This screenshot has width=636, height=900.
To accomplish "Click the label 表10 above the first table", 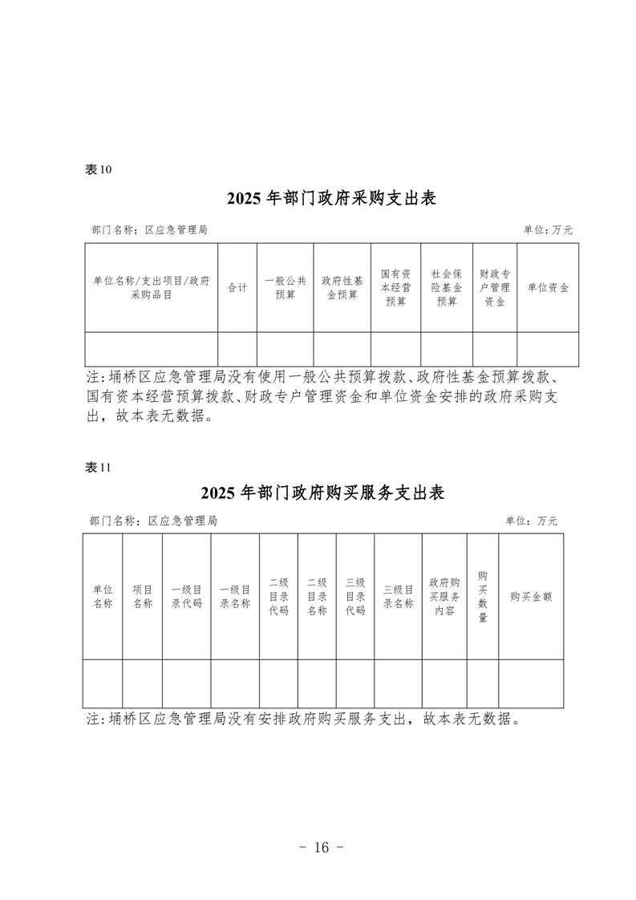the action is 98,169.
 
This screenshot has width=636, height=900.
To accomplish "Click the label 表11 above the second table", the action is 98,467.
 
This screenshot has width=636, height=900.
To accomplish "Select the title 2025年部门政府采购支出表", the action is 332,198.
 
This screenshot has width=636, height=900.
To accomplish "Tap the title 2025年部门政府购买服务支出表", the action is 323,493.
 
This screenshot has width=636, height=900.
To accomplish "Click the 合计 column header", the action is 237,287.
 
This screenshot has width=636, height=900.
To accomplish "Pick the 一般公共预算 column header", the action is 286,287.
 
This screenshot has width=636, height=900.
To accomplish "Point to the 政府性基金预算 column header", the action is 342,287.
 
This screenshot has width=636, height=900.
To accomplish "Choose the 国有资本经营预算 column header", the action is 395,287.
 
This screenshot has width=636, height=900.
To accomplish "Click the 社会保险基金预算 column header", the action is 447,287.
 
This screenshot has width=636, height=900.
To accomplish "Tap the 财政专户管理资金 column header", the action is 495,287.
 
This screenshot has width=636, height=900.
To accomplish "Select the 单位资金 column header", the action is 548,287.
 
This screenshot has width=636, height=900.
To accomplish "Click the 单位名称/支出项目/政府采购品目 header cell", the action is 152,287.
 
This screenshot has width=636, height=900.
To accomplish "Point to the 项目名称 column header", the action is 142,596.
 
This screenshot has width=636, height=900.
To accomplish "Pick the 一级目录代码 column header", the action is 187,596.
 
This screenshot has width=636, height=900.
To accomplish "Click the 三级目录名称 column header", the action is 399,596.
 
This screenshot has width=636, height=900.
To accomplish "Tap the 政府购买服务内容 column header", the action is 444,596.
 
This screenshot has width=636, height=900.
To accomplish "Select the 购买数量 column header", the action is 483,596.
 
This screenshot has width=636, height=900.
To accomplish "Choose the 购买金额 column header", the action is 531,596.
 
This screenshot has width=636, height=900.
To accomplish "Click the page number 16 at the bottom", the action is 321,847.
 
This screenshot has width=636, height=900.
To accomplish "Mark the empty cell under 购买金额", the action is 531,683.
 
